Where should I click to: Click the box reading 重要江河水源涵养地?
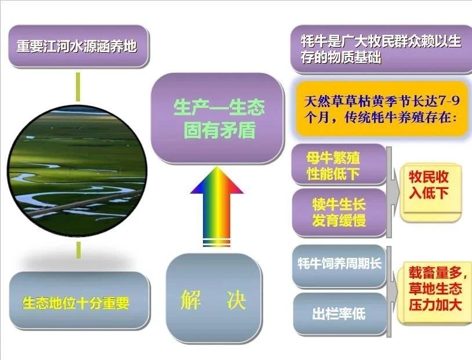point(78,46)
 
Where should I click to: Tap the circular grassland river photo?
point(78,171)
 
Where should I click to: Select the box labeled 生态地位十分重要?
point(79,300)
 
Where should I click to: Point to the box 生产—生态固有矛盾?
point(217,118)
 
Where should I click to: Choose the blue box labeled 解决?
point(214,298)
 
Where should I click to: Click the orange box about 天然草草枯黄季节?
point(382,109)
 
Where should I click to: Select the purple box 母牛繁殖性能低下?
point(339,165)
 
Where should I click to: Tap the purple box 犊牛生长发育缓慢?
point(339,213)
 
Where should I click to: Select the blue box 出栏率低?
point(340,314)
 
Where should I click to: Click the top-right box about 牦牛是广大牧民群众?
point(381,49)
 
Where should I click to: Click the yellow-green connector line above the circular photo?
point(78,87)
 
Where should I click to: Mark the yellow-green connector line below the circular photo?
point(78,249)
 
